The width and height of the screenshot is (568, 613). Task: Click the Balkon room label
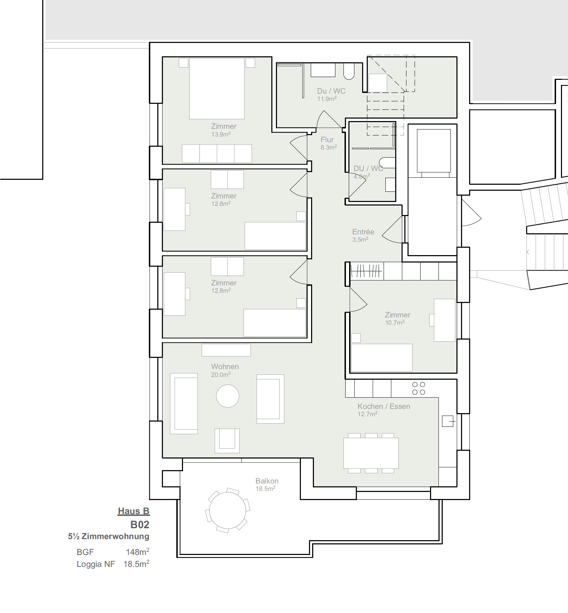[267, 481]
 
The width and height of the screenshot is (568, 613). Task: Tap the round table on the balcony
[228, 510]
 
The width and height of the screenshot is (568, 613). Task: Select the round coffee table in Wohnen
[228, 396]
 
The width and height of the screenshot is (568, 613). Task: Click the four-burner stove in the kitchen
[418, 388]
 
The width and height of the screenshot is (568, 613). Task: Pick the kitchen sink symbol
[448, 421]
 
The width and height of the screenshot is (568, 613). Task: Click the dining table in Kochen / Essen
[371, 453]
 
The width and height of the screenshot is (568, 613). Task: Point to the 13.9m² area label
[221, 134]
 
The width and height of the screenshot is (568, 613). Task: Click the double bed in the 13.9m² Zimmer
[217, 89]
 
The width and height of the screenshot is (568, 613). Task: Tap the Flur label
[327, 140]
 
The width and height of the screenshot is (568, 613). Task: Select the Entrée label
[363, 232]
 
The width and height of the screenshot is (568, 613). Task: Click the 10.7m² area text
[395, 322]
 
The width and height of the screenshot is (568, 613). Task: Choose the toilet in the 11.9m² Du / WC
[349, 71]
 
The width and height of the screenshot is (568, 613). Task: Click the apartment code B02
[140, 524]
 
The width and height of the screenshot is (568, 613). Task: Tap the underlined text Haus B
[133, 511]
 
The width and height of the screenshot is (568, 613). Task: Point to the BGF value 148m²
[138, 552]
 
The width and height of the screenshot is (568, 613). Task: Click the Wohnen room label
[225, 367]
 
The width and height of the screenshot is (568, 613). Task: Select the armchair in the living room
[227, 440]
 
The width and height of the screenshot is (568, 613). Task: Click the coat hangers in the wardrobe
[366, 271]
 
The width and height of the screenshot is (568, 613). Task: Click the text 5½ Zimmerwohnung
[109, 536]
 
